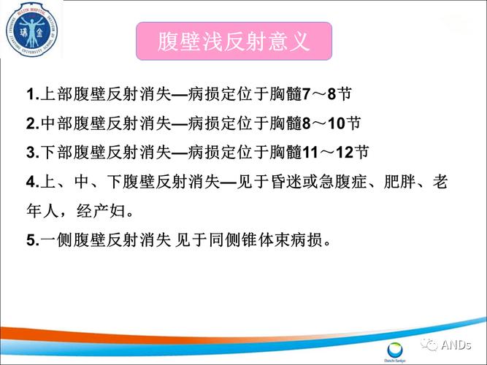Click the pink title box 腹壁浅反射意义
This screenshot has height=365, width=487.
tap(234, 41)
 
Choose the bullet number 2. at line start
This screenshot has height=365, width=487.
tap(31, 124)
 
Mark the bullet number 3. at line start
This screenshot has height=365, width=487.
tap(31, 153)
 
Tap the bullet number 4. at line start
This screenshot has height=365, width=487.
tap(31, 181)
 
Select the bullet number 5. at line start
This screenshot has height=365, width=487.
tap(31, 239)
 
